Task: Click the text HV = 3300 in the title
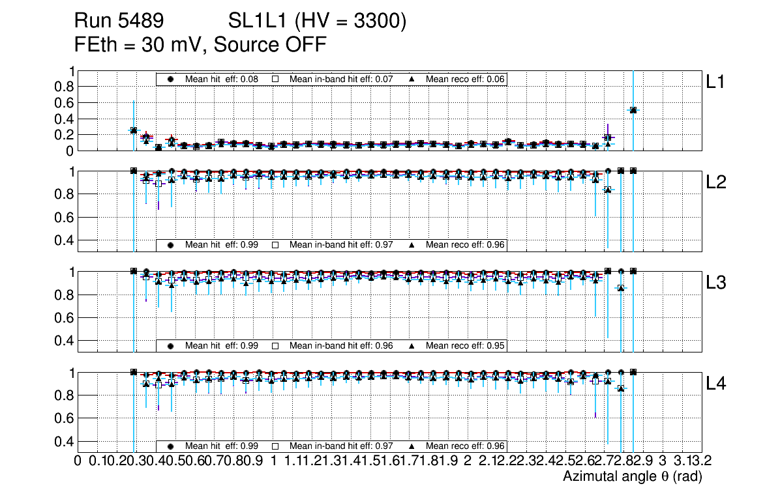350,22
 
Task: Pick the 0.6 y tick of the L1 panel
64,103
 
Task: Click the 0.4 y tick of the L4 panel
64,441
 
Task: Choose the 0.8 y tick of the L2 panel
64,194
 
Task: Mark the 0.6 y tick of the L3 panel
64,318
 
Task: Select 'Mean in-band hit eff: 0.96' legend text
340,345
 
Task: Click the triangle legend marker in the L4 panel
412,446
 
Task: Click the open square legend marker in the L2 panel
275,245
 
